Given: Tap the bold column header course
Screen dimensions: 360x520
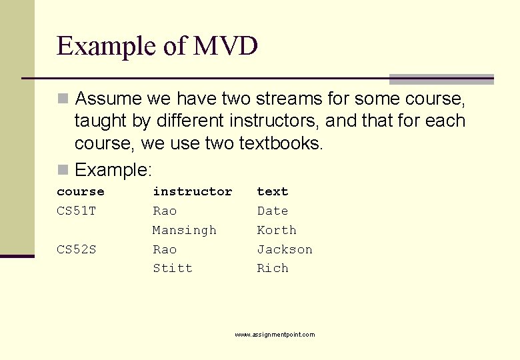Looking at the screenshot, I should pyautogui.click(x=81, y=192).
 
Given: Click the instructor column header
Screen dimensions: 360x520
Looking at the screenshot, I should pyautogui.click(x=192, y=192).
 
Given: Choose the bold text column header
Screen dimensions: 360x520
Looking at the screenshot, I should pyautogui.click(x=273, y=192).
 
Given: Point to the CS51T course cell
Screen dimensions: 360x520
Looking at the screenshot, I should pyautogui.click(x=76, y=211).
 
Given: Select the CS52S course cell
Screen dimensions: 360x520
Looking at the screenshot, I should pyautogui.click(x=76, y=250).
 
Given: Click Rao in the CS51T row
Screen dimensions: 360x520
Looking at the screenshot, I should pyautogui.click(x=165, y=211).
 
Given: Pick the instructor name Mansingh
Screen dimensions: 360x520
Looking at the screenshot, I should pyautogui.click(x=185, y=231).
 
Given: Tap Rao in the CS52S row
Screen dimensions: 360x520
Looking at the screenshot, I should pyautogui.click(x=165, y=250).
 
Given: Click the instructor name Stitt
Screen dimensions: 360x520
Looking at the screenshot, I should pyautogui.click(x=173, y=269).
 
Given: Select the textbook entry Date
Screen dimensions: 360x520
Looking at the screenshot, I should pyautogui.click(x=273, y=211).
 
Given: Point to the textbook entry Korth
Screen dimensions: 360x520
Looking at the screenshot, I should pyautogui.click(x=277, y=231).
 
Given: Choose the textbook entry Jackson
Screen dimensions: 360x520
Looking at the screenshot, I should pyautogui.click(x=285, y=250).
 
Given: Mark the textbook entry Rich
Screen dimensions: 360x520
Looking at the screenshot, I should pyautogui.click(x=273, y=269).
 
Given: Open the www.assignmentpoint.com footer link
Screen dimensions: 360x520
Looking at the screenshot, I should pyautogui.click(x=275, y=335).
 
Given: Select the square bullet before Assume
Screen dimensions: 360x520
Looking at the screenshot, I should pyautogui.click(x=63, y=99).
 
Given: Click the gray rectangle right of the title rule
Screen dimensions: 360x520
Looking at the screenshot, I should pyautogui.click(x=441, y=79).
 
